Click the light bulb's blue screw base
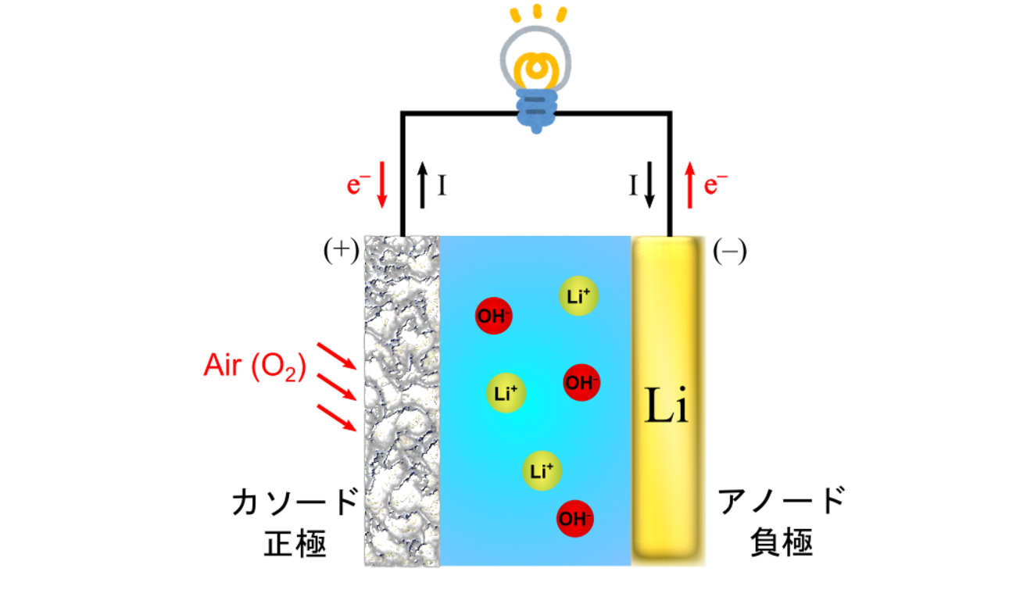coord(536,109)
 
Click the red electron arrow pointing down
coord(381,185)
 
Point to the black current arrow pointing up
coord(422,185)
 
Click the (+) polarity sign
coord(341,251)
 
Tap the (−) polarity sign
coord(730,252)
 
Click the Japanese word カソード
coord(295,502)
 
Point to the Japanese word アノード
coord(782,502)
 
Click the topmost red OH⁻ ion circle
coord(494,316)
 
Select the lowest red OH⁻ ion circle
coord(575,518)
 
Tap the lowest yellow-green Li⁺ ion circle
coord(542,471)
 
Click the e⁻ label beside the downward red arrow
coord(356,185)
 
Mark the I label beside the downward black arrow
coord(634,185)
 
